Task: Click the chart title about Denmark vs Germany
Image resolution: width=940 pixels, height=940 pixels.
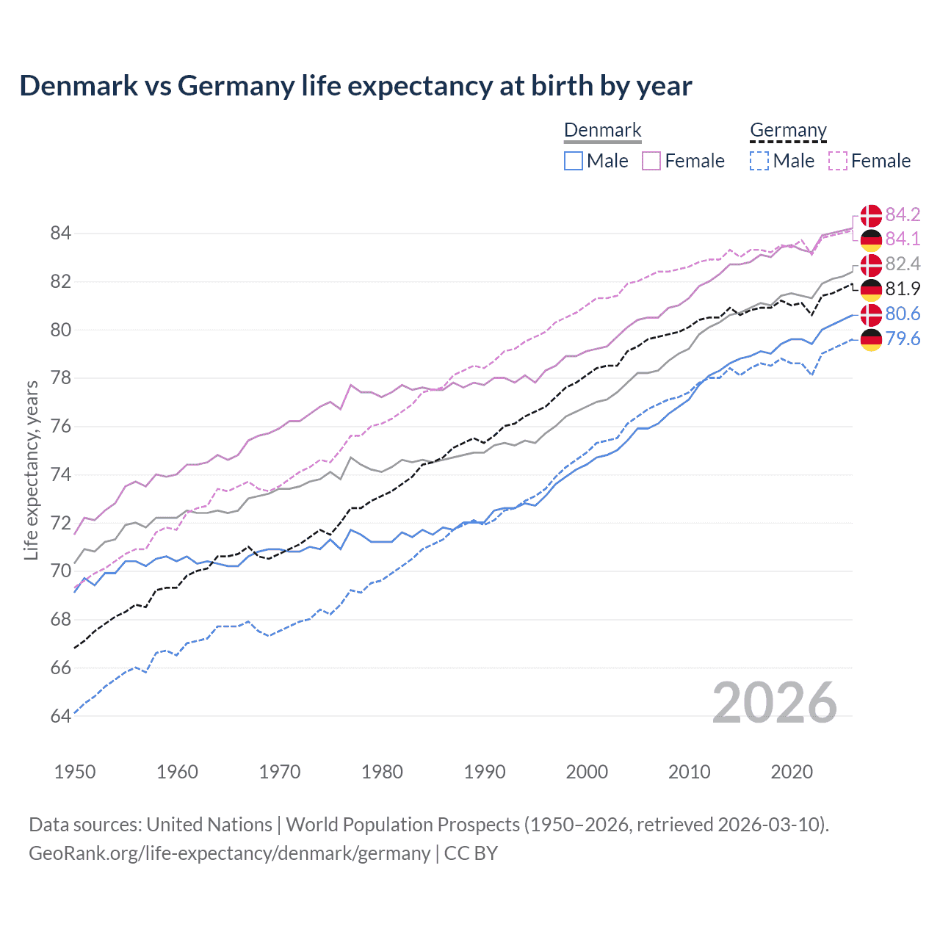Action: (355, 86)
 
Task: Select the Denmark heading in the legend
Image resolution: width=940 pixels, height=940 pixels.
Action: (602, 131)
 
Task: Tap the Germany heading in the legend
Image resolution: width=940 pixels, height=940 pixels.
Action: (788, 131)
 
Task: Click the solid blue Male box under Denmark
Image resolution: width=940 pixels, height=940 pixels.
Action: (574, 161)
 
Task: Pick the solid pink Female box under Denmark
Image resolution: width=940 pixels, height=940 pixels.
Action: (651, 161)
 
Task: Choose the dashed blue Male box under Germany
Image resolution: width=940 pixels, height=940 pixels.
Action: (759, 161)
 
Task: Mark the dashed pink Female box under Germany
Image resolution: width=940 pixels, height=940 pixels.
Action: (838, 161)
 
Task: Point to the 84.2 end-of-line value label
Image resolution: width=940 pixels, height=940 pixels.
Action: (903, 214)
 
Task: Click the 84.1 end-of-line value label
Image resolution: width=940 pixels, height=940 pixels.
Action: (903, 239)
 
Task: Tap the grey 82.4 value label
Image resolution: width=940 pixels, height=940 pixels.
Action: (903, 264)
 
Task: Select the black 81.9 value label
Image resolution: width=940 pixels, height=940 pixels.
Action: (903, 289)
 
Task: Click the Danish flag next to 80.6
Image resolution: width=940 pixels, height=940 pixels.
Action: (871, 314)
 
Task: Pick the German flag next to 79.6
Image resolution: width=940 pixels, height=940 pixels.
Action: (871, 339)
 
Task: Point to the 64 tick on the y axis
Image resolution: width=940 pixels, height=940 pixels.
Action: (60, 716)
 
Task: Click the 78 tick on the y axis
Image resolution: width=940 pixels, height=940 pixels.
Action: (60, 378)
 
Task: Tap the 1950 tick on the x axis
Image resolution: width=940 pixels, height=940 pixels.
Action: (75, 772)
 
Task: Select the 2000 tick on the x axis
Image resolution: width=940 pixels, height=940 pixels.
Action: (587, 772)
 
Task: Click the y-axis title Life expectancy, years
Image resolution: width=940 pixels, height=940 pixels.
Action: (32, 470)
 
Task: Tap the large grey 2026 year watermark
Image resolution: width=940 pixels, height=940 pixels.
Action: (774, 703)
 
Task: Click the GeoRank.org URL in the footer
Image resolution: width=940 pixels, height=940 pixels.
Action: (229, 853)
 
